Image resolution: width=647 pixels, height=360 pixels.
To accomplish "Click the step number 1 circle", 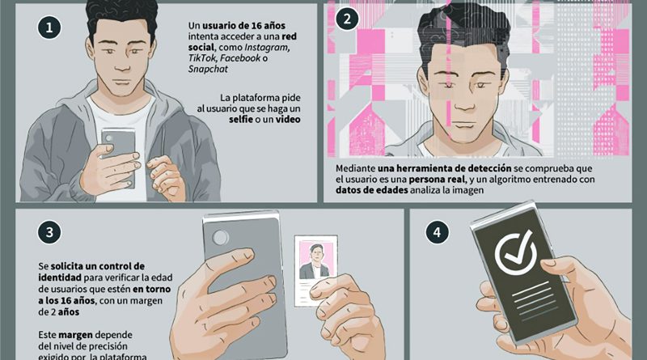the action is point(49,28).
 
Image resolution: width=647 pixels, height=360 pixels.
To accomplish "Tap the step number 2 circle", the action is point(347,19).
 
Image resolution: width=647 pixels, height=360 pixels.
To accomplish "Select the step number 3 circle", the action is point(49,232).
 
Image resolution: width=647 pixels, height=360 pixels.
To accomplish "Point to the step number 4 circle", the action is point(437,232).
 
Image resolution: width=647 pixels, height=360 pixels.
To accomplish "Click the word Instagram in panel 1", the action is point(267,48).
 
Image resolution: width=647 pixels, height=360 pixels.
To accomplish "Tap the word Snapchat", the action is point(208,69).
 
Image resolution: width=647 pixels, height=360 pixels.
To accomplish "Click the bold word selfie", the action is point(241,119).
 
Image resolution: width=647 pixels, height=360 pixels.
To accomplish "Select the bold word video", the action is point(288,119).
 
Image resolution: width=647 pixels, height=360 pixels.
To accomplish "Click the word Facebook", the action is point(240,58).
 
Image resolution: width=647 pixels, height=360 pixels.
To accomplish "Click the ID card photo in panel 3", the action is point(315,260).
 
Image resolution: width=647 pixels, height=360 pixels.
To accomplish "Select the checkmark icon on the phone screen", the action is point(516,252).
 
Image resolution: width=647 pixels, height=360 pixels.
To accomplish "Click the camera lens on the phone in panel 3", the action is point(220,237).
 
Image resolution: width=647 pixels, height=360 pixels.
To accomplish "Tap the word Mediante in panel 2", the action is point(356,168).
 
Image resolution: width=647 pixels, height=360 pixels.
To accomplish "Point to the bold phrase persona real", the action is point(437,180).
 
